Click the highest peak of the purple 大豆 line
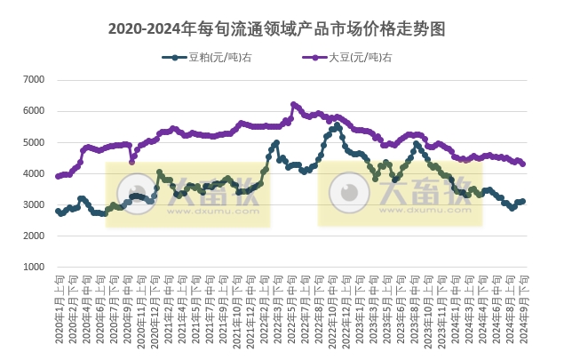click(x=293, y=104)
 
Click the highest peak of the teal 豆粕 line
click(x=338, y=126)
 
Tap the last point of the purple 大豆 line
click(x=523, y=164)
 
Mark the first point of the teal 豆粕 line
click(x=58, y=211)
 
